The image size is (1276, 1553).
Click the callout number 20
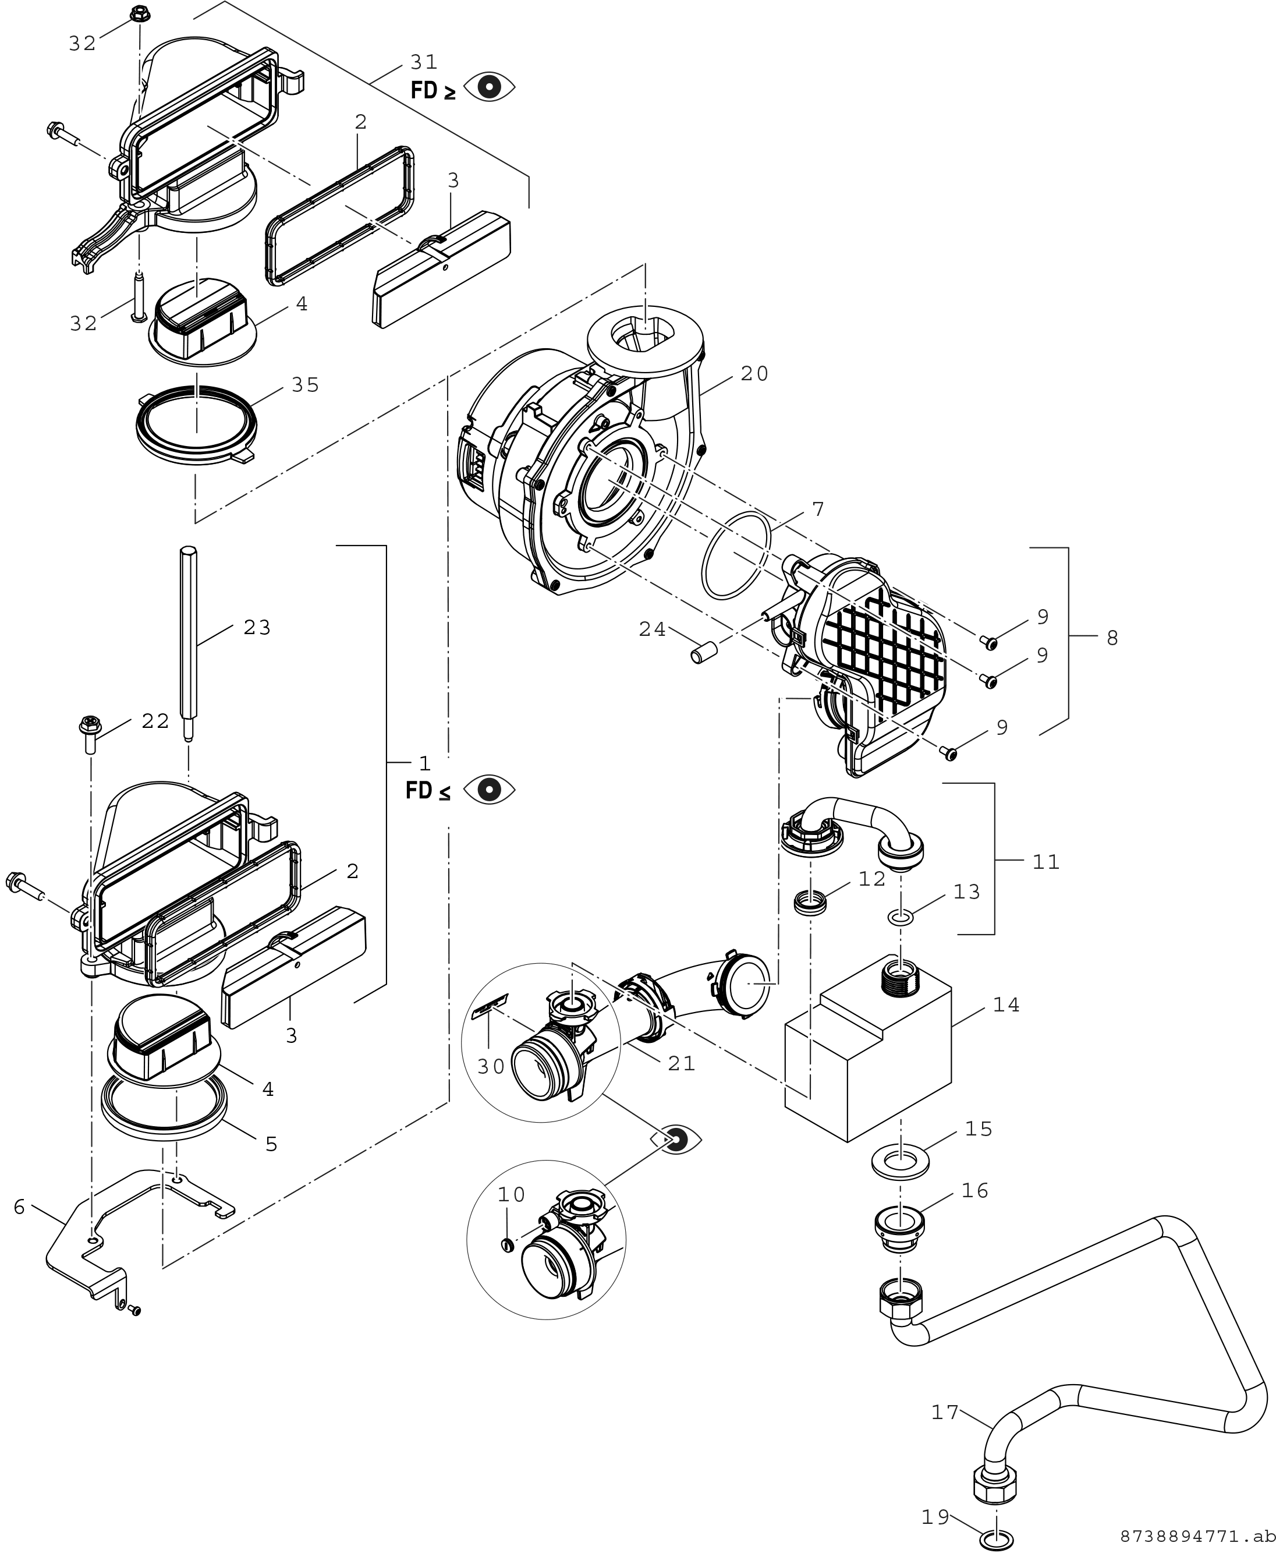pyautogui.click(x=754, y=374)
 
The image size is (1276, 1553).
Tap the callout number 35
pyautogui.click(x=305, y=385)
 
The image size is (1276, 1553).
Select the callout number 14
pyautogui.click(x=1006, y=1005)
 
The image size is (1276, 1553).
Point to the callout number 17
pyautogui.click(x=945, y=1412)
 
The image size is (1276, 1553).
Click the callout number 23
pyautogui.click(x=257, y=628)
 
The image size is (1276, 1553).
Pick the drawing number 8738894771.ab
pyautogui.click(x=1197, y=1537)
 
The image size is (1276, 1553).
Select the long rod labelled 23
pyautogui.click(x=187, y=640)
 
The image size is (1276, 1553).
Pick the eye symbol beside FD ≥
pyautogui.click(x=490, y=87)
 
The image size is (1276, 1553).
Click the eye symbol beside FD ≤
pyautogui.click(x=490, y=790)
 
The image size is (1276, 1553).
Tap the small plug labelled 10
pyautogui.click(x=506, y=1245)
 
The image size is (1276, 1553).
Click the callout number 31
pyautogui.click(x=424, y=62)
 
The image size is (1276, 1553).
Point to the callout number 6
pyautogui.click(x=19, y=1207)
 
